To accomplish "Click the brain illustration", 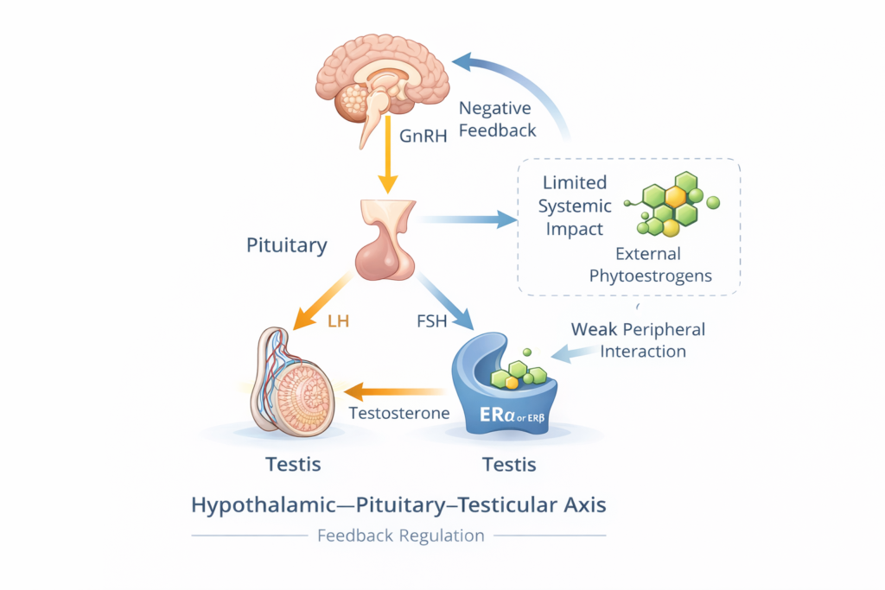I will click(385, 82).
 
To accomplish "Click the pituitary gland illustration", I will click(388, 241).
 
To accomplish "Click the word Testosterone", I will click(398, 414).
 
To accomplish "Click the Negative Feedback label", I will click(497, 120).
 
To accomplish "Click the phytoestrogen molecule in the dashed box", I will click(675, 205).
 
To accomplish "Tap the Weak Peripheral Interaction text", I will click(638, 340).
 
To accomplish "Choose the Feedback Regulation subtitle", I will click(400, 536).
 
